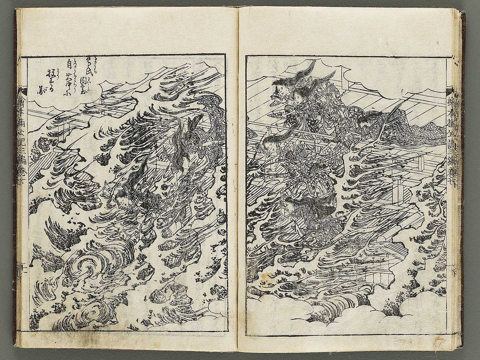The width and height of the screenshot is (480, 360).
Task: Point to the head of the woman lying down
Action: point(363,120)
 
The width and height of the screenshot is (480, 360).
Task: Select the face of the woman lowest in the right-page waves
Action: point(290,205)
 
